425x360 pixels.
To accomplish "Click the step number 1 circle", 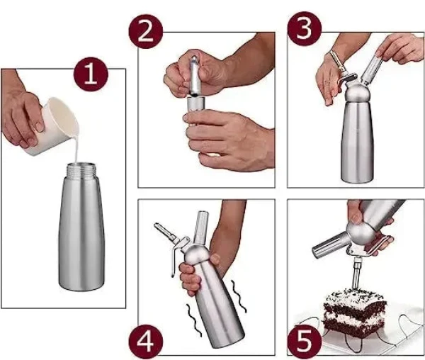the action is (x=91, y=74).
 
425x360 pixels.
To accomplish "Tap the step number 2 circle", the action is (x=145, y=31).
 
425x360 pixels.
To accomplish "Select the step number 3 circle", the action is (x=305, y=29).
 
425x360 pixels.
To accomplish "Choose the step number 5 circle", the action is (x=305, y=342).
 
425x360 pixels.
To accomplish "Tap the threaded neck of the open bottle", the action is (x=81, y=169).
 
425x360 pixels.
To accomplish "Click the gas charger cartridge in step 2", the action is (x=194, y=76).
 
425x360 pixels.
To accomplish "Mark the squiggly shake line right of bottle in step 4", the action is (x=239, y=296).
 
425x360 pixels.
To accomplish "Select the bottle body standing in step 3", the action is (x=357, y=141).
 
